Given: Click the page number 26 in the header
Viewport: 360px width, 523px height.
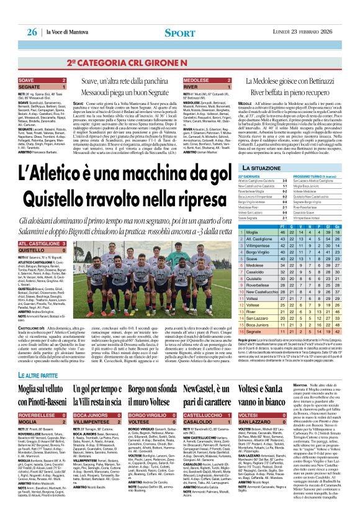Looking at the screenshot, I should [x=32, y=31].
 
